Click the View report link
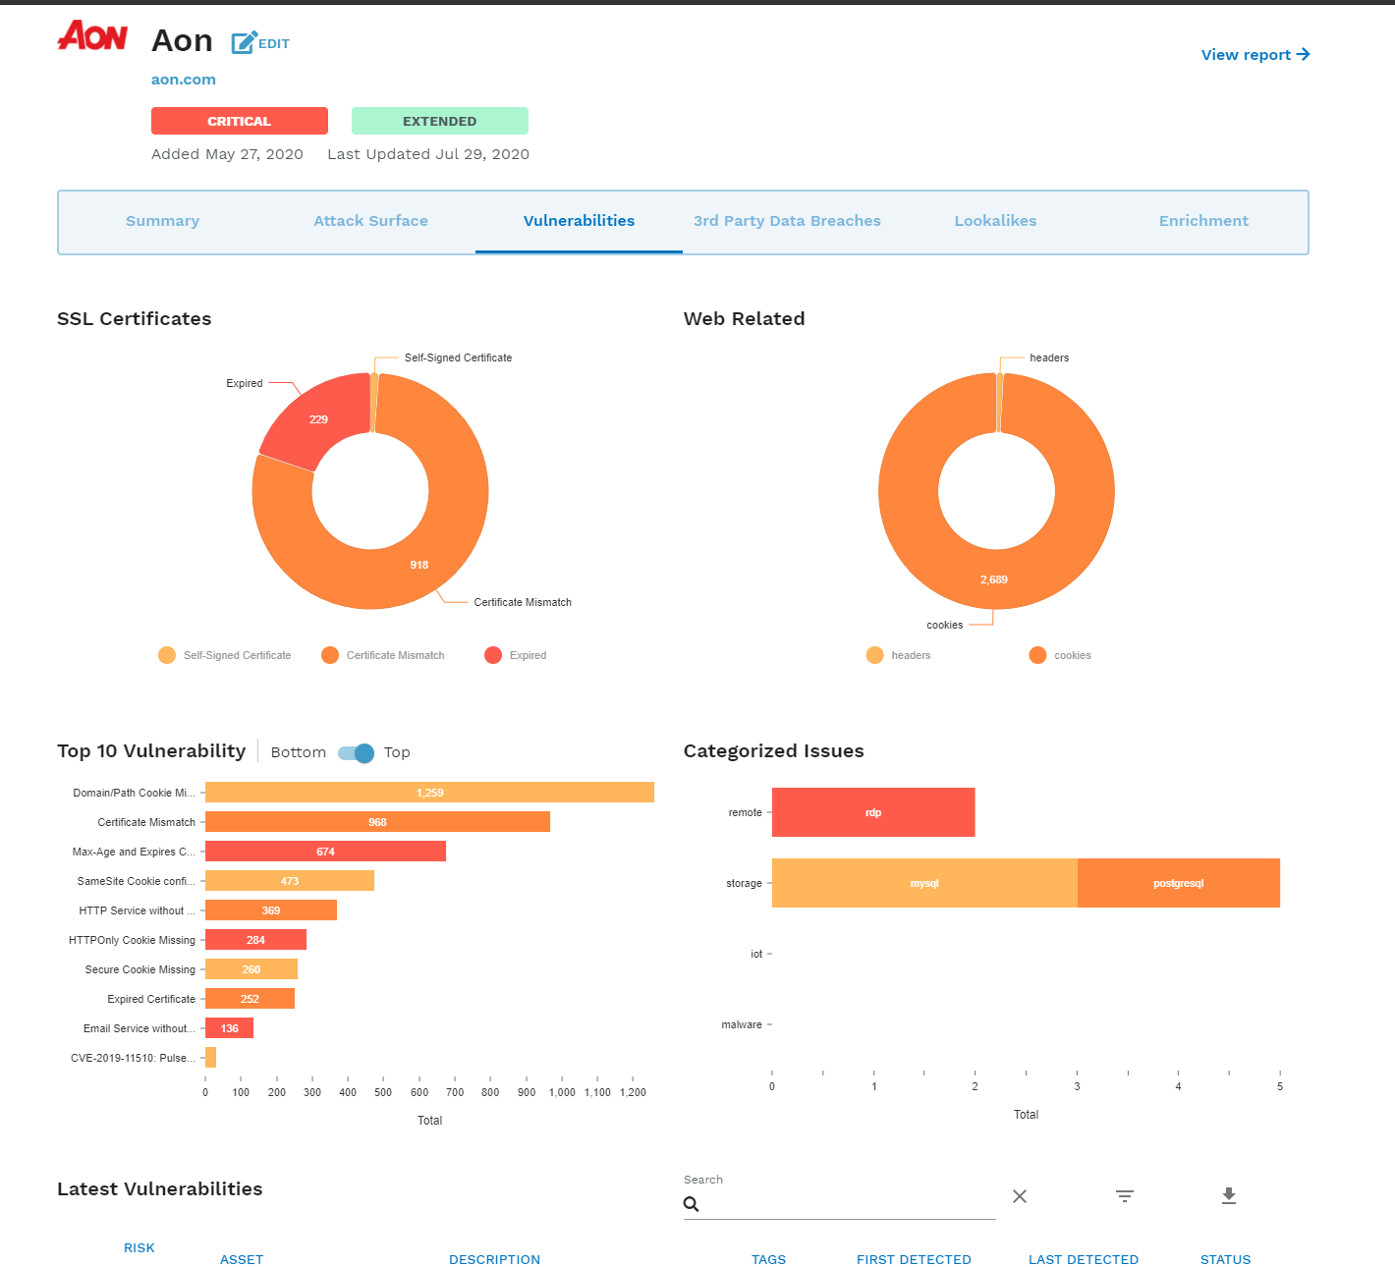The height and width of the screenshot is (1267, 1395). pyautogui.click(x=1255, y=55)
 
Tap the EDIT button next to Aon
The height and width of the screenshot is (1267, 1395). pyautogui.click(x=260, y=43)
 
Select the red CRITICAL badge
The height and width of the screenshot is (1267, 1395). pyautogui.click(x=239, y=121)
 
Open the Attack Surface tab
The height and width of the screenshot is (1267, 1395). pyautogui.click(x=370, y=221)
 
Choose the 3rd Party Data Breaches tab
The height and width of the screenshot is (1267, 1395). pyautogui.click(x=786, y=221)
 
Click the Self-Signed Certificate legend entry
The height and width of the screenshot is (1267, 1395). pyautogui.click(x=225, y=655)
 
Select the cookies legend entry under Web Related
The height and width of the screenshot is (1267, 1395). pyautogui.click(x=1060, y=655)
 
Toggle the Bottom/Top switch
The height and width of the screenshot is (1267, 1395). pyautogui.click(x=356, y=753)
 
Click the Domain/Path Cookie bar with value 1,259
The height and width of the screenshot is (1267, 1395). pyautogui.click(x=429, y=793)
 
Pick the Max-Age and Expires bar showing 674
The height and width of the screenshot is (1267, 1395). pyautogui.click(x=325, y=852)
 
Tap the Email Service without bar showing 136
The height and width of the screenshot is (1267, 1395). pyautogui.click(x=229, y=1028)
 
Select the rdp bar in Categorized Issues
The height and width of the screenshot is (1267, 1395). pyautogui.click(x=872, y=812)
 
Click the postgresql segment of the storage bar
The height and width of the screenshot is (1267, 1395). pyautogui.click(x=1178, y=883)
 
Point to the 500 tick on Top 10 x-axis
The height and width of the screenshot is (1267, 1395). pyautogui.click(x=383, y=1091)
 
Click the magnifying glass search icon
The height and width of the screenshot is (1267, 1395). pyautogui.click(x=692, y=1204)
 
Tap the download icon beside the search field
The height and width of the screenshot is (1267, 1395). pyautogui.click(x=1228, y=1195)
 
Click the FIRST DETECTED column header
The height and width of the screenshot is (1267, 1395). pyautogui.click(x=914, y=1259)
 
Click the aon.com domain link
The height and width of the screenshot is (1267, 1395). pyautogui.click(x=184, y=80)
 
